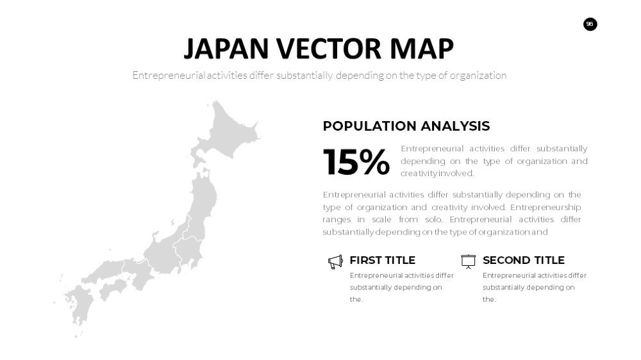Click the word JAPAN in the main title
point(226,49)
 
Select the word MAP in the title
point(422,49)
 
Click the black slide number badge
point(590,24)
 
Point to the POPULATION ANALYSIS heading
point(406,126)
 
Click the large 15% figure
point(356,162)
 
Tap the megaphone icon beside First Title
point(335,262)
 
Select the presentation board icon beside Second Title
point(468,261)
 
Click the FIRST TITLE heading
point(382,260)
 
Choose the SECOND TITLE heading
point(523,260)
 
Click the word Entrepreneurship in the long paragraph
point(545,207)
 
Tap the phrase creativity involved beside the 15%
point(437,173)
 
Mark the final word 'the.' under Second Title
point(489,299)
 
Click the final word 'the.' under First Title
point(356,299)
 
